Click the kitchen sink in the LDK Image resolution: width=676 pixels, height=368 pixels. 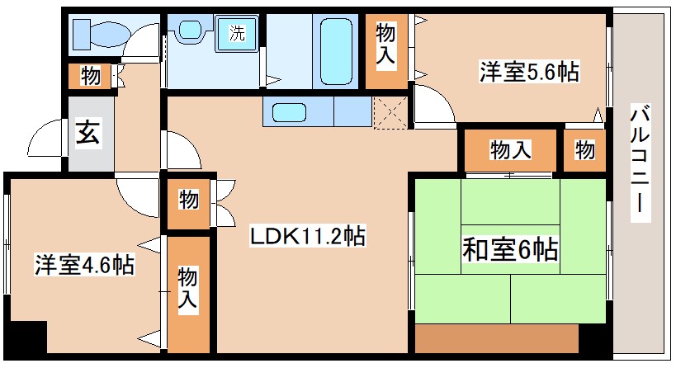tap(289, 111)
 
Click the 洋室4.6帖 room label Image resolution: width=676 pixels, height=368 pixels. tap(84, 265)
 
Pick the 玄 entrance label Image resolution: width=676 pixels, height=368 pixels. tap(88, 133)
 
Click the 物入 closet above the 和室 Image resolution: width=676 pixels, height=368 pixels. tap(511, 150)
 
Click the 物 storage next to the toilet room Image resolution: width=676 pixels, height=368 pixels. tap(91, 77)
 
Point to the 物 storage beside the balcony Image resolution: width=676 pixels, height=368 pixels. tap(585, 150)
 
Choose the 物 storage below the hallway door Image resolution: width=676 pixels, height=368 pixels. tap(189, 201)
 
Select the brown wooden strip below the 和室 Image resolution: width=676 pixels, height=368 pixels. tap(495, 338)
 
